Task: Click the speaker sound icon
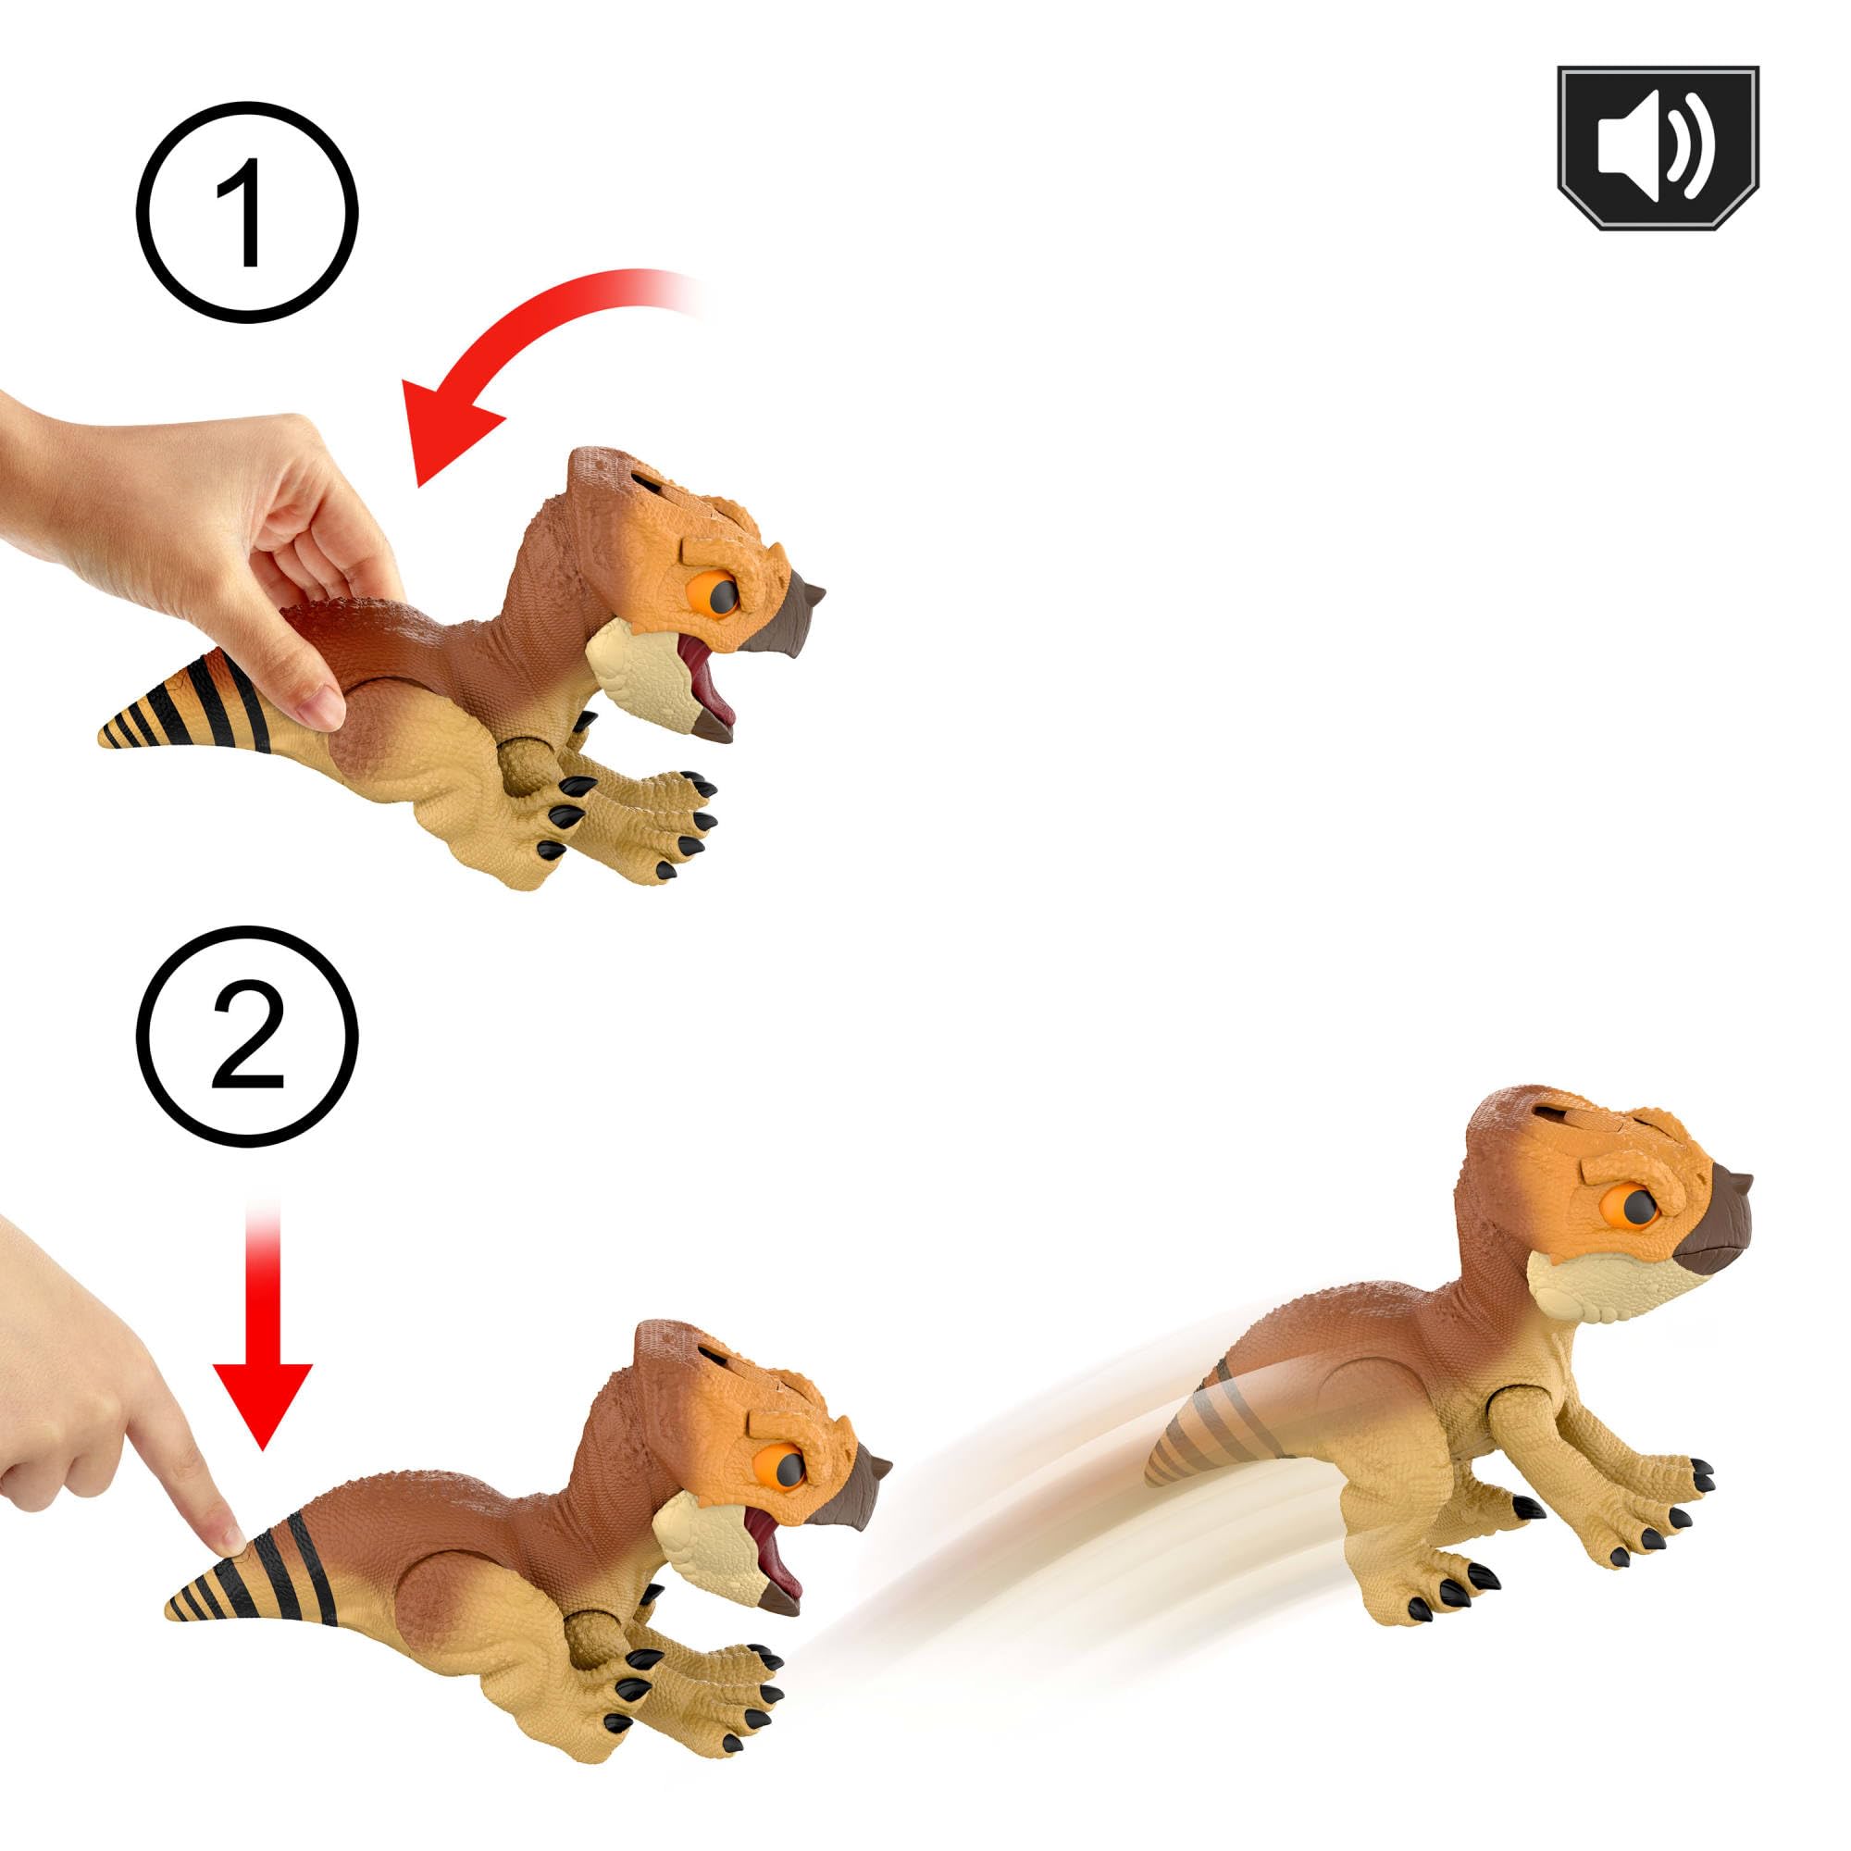coord(1658,147)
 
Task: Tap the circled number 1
coord(247,213)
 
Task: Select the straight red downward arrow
coord(262,1341)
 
